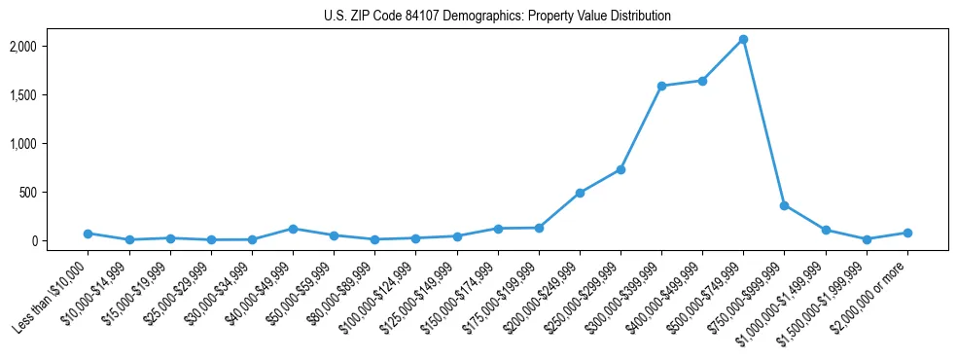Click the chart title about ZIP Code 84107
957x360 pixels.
click(497, 17)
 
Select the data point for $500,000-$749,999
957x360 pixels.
click(743, 40)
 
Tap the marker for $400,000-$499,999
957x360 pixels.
click(702, 81)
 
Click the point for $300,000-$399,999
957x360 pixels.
click(661, 87)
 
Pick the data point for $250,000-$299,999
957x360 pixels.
click(620, 169)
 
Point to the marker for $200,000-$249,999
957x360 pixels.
click(580, 193)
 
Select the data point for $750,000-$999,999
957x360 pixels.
click(784, 205)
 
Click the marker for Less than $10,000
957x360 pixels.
click(89, 234)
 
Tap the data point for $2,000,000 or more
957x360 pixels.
click(906, 233)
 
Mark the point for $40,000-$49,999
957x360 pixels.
click(293, 229)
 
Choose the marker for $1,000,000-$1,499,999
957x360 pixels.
click(825, 231)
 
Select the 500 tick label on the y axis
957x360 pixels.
click(55, 193)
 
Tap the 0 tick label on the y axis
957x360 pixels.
click(61, 241)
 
